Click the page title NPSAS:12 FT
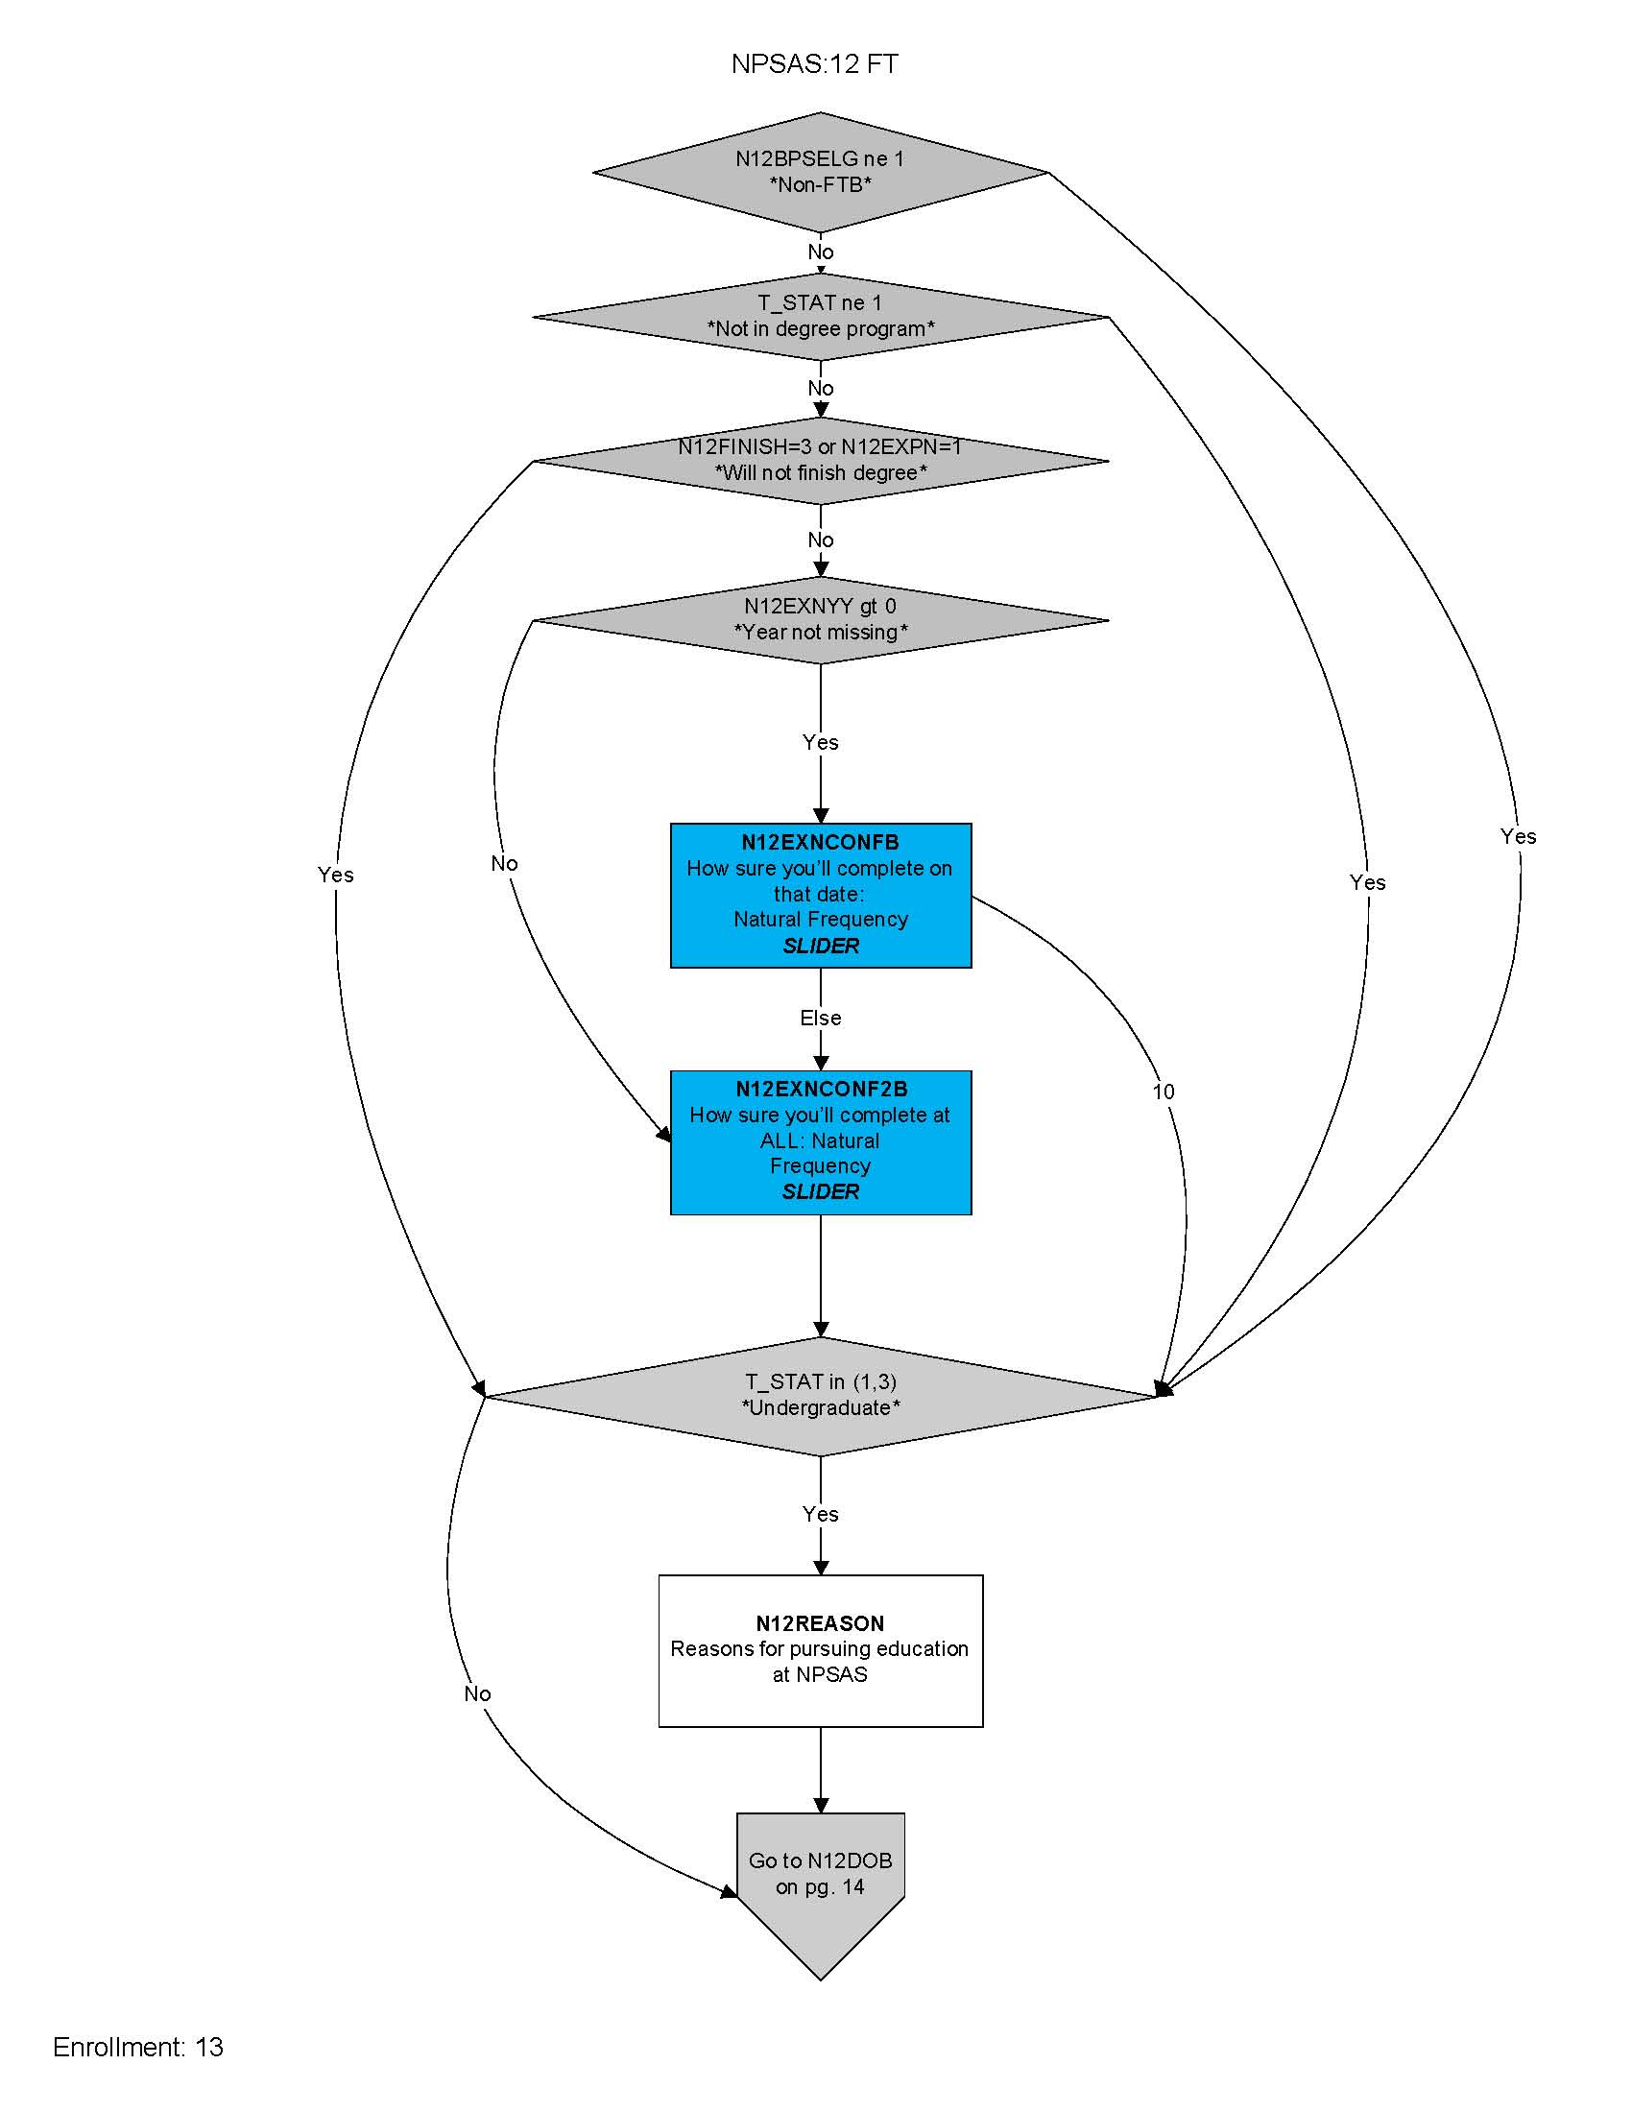(x=814, y=63)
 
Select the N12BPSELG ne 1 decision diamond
(x=820, y=172)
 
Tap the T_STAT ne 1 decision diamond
(x=820, y=316)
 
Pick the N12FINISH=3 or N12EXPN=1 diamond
(x=820, y=460)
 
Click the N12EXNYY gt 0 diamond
(x=820, y=620)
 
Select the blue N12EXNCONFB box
(x=820, y=895)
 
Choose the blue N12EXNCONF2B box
(x=820, y=1141)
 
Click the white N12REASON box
(x=820, y=1649)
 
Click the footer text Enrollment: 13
(x=138, y=2048)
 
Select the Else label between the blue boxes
(x=820, y=1018)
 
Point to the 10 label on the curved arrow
(x=1164, y=1092)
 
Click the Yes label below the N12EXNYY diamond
(x=820, y=742)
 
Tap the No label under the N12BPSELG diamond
(x=820, y=252)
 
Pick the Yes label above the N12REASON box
(x=820, y=1513)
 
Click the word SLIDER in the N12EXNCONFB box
(x=820, y=946)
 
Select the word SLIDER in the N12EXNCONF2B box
(x=820, y=1191)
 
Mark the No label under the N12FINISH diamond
(x=820, y=540)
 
